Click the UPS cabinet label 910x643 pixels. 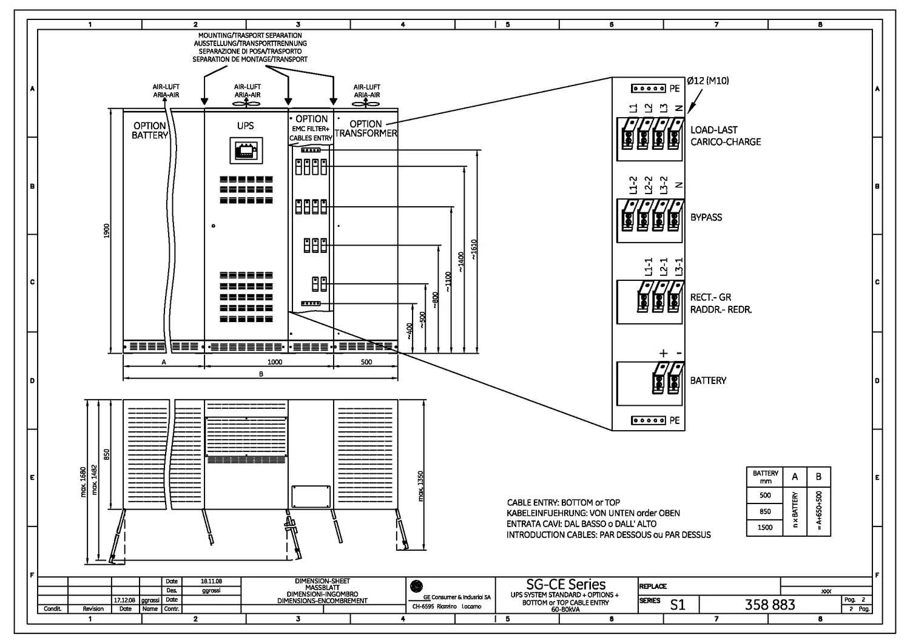coord(246,126)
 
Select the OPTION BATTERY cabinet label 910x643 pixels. coord(149,130)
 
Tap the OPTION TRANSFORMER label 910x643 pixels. coord(366,129)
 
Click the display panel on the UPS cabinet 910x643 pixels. coord(246,150)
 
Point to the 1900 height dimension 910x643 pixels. coord(107,231)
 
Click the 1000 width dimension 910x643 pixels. coord(275,362)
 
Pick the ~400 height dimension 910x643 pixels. coord(409,330)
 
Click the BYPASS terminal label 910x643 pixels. coord(706,217)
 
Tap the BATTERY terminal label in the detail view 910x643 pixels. coord(708,380)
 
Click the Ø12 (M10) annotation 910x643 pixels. coord(707,81)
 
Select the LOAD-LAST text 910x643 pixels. coord(714,130)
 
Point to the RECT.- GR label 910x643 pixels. coord(710,298)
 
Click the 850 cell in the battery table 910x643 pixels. coord(765,511)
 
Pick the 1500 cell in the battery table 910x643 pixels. coord(765,528)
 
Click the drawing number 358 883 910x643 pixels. coord(770,605)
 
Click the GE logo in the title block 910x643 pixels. coord(416,586)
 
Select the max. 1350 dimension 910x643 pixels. coord(421,486)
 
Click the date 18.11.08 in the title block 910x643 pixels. coord(211,581)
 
